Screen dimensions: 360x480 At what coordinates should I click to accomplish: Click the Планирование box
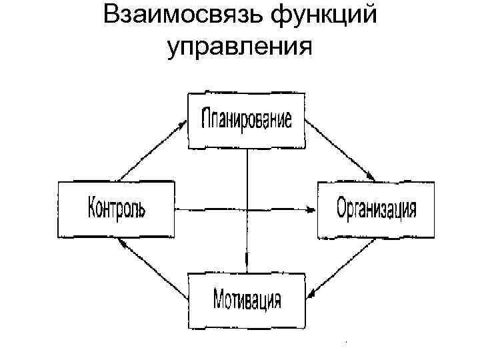pos(247,120)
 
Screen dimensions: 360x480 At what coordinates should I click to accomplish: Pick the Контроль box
pos(116,209)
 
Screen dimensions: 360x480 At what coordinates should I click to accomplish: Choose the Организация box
pos(376,209)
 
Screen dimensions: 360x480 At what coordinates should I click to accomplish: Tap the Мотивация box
pos(247,299)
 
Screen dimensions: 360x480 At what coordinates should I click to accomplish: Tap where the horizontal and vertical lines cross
pos(247,209)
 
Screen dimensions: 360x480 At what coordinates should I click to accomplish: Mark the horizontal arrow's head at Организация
pos(311,209)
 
